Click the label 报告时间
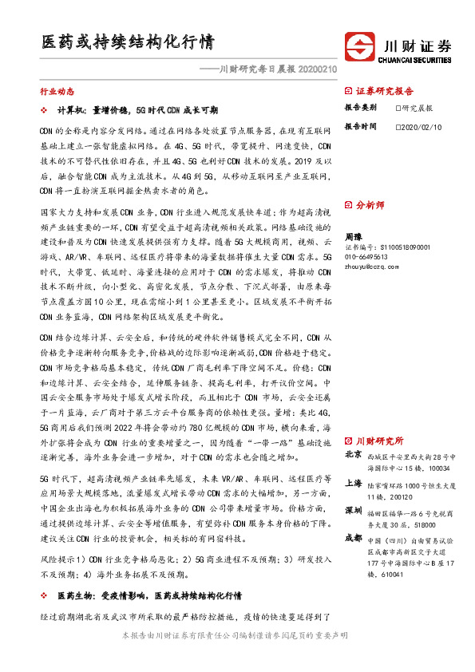tap(360, 126)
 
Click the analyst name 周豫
tap(353, 237)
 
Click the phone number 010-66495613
tap(366, 257)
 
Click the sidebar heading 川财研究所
tap(378, 441)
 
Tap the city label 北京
tap(352, 455)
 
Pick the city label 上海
tap(352, 483)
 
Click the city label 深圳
tap(352, 510)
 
